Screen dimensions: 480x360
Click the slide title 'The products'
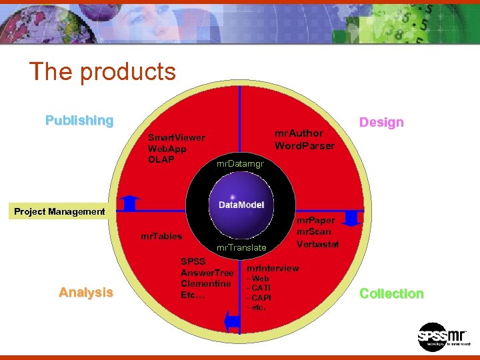tap(102, 71)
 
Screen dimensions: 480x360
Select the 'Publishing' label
tap(79, 121)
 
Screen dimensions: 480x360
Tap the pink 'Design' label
tap(381, 122)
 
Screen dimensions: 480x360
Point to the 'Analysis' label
tap(85, 292)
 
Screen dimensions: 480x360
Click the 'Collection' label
tap(391, 293)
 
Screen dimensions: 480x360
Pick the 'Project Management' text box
tap(60, 211)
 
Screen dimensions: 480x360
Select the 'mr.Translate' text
tap(241, 247)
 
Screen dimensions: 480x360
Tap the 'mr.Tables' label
tap(161, 236)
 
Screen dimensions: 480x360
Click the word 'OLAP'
tap(161, 159)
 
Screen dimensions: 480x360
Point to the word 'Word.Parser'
tap(305, 145)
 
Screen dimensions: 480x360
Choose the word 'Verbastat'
tap(318, 244)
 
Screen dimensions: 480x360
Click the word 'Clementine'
tap(205, 283)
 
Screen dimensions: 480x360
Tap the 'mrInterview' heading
tap(273, 268)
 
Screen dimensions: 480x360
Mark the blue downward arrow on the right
tap(352, 219)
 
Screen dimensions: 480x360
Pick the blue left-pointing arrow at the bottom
tap(232, 321)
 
